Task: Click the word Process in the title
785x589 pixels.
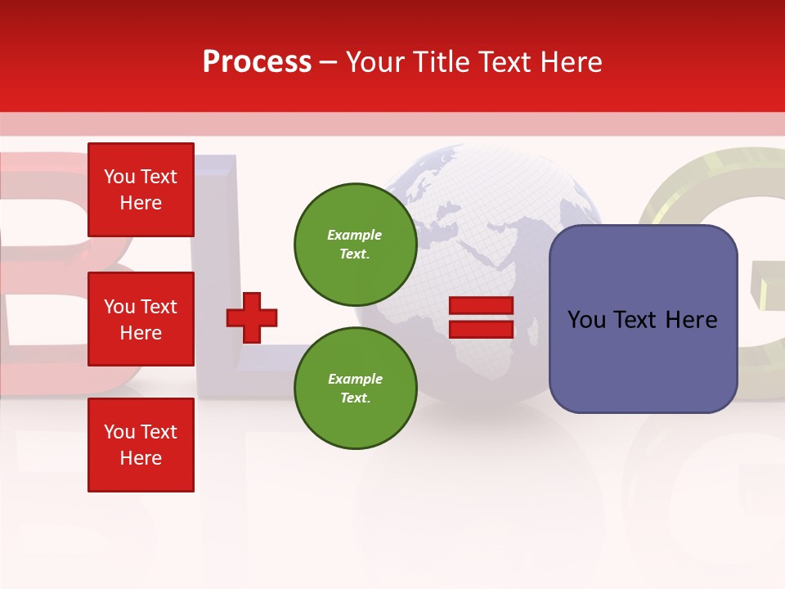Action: [x=257, y=62]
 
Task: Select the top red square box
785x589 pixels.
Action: [x=141, y=190]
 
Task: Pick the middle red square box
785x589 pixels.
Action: [x=141, y=319]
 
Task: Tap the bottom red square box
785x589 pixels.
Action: [x=141, y=445]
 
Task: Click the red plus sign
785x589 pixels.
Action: [x=252, y=317]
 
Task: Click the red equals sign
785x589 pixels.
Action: [x=482, y=317]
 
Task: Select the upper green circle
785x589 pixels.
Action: [x=356, y=244]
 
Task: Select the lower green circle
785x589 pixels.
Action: [x=356, y=388]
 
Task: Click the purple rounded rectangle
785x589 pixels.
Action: [x=643, y=319]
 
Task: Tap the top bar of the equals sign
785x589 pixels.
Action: [x=482, y=306]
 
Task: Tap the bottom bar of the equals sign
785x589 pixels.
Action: [x=482, y=329]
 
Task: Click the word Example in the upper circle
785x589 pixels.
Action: [x=355, y=235]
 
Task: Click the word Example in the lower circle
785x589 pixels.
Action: [x=355, y=379]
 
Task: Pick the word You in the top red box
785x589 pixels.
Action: [x=119, y=177]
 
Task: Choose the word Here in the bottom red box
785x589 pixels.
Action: [x=141, y=458]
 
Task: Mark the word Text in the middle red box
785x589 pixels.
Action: [x=158, y=307]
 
